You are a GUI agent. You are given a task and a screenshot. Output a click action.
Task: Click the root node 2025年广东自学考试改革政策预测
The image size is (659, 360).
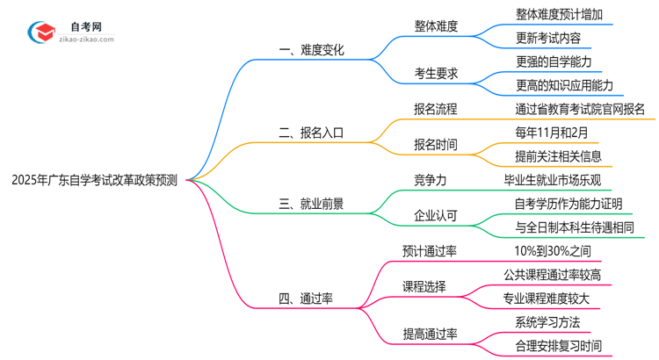[x=95, y=180]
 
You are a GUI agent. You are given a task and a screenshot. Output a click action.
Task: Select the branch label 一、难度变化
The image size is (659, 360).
[x=311, y=51]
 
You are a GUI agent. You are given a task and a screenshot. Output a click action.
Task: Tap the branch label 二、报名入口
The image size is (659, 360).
[x=311, y=133]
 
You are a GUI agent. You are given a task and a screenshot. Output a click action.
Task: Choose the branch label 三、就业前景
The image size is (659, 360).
[x=311, y=204]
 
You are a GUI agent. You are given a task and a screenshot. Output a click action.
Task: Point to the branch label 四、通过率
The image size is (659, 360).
[x=305, y=299]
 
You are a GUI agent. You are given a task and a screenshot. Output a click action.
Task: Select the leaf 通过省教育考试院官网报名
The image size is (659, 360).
[x=580, y=110]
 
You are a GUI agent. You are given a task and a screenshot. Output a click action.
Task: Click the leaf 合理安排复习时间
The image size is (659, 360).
[x=560, y=345]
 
